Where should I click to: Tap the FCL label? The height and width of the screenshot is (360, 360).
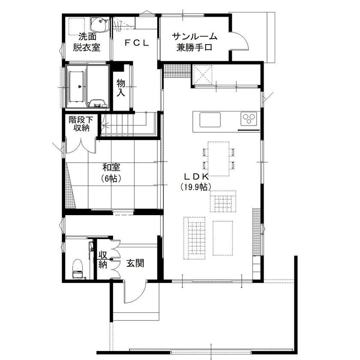[136, 42]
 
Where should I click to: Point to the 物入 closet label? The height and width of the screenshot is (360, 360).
[121, 87]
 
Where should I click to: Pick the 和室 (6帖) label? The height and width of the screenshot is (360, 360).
[112, 172]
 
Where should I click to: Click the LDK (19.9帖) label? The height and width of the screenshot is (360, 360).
[196, 181]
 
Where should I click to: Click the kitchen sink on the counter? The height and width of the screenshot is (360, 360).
[210, 120]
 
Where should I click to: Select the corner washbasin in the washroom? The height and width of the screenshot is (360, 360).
[100, 24]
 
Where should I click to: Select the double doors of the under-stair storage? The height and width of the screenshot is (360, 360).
[80, 145]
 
